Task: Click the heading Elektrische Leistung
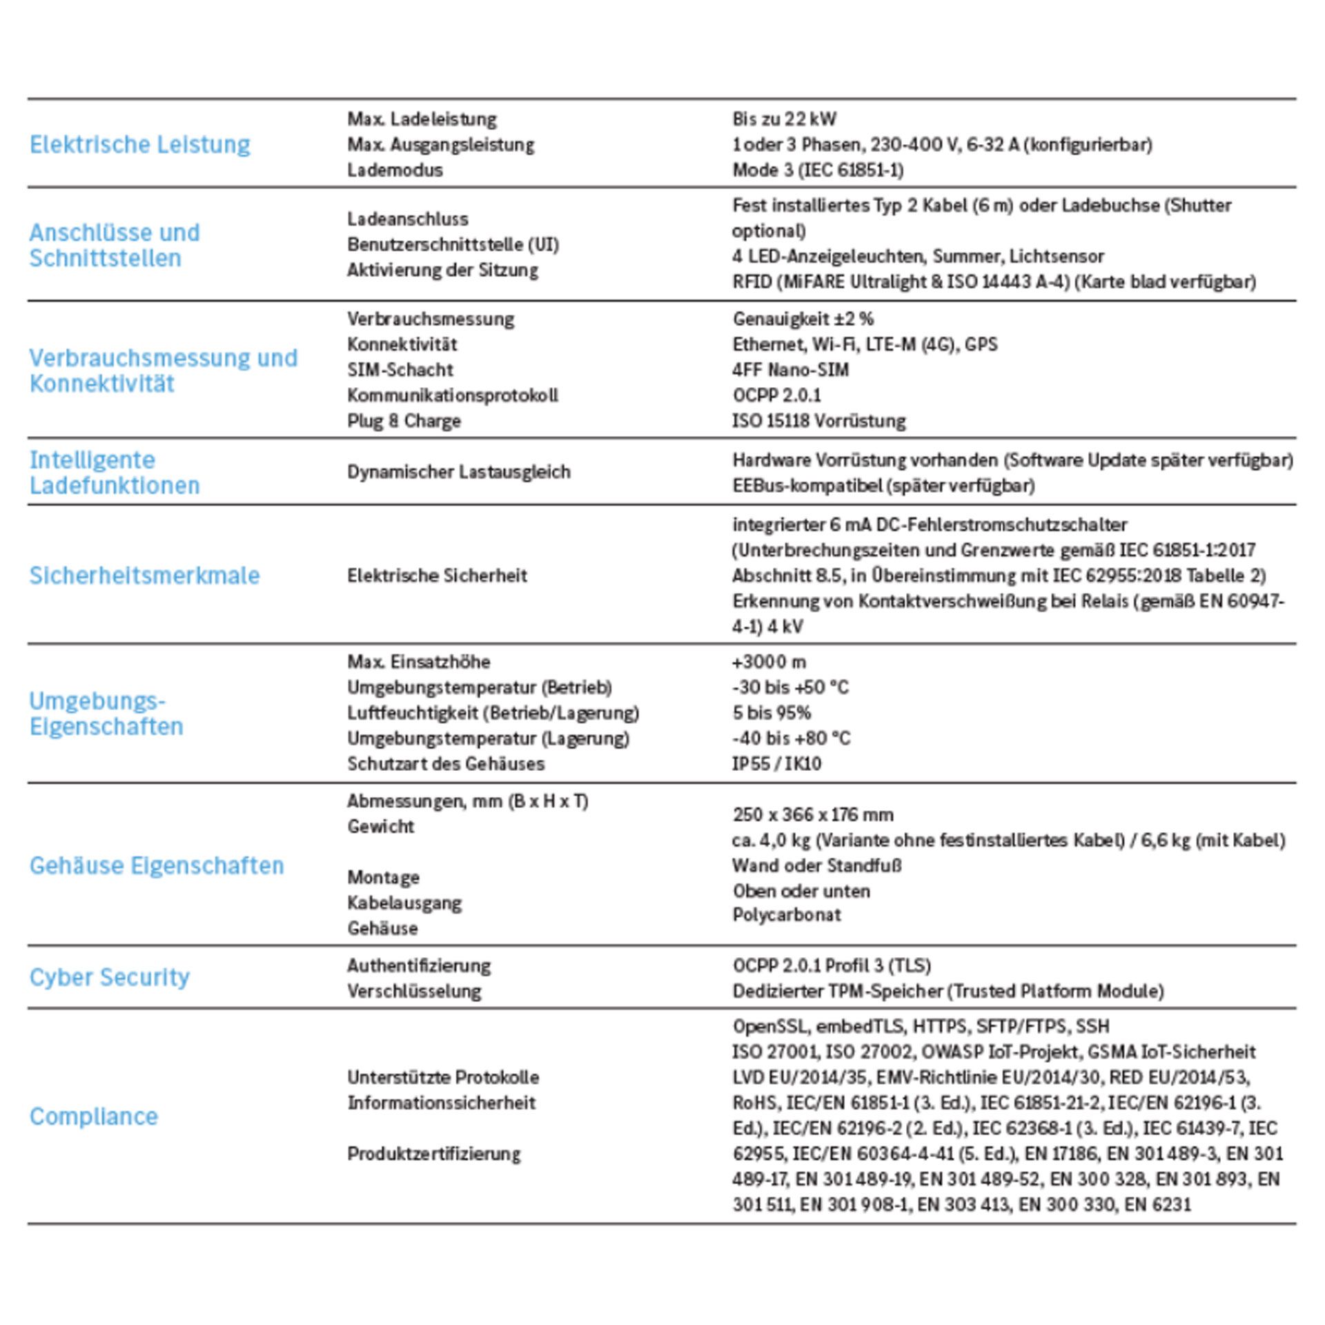tap(139, 144)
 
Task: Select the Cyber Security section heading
tap(109, 977)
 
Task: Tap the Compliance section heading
tap(93, 1116)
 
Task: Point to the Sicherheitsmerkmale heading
tap(144, 576)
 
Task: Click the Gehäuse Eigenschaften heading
tap(157, 865)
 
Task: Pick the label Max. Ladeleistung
tap(422, 119)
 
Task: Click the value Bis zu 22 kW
tap(784, 119)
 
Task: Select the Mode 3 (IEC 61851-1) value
tap(818, 170)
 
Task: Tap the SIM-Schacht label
tap(400, 370)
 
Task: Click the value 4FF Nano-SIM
tap(790, 370)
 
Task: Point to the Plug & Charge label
tap(404, 421)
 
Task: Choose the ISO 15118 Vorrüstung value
tap(818, 421)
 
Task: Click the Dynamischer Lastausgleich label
tap(459, 472)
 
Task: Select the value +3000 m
tap(769, 662)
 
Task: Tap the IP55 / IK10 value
tap(776, 764)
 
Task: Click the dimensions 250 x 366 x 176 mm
tap(813, 814)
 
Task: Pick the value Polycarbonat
tap(787, 915)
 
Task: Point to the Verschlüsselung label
tap(414, 991)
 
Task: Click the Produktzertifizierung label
tap(434, 1154)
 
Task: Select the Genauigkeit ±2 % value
tap(803, 319)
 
